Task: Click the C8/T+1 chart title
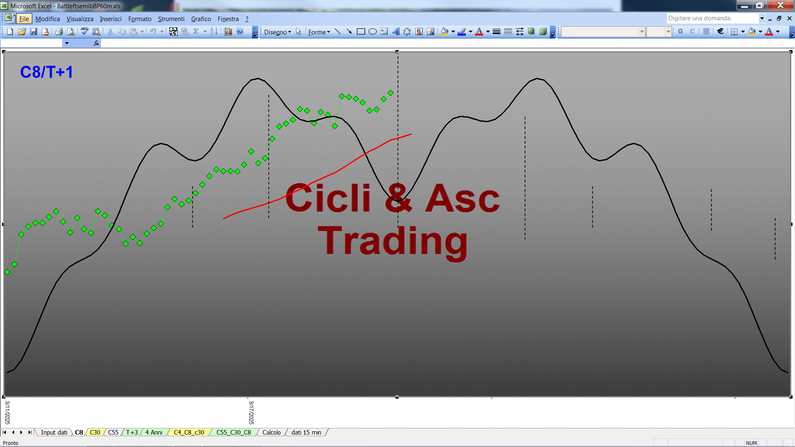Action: pos(46,72)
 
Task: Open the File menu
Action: pos(24,19)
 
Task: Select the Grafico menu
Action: pos(201,19)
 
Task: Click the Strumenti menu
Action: pos(171,19)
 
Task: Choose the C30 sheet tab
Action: pos(95,433)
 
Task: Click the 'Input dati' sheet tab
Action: pos(54,433)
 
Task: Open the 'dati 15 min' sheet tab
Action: pos(306,433)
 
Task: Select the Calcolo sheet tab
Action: pos(271,433)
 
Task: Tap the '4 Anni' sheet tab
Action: pos(154,433)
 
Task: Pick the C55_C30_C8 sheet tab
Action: pos(234,433)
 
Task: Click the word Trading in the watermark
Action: pos(393,241)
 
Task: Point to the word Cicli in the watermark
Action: pos(328,198)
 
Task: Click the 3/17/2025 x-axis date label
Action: pos(251,412)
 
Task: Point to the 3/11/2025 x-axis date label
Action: pos(7,412)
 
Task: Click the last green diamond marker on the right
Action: pos(390,93)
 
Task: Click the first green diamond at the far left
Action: pos(7,272)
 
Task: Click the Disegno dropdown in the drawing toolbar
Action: pos(277,32)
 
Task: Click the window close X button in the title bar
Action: pos(781,5)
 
